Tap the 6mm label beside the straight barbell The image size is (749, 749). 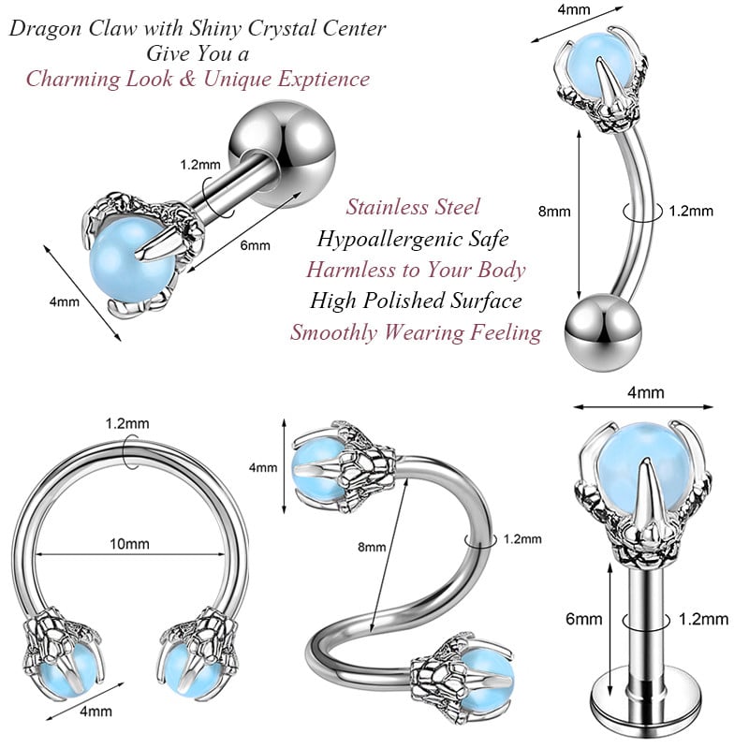(x=255, y=246)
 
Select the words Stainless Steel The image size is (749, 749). (x=413, y=207)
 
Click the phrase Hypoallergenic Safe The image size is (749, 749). (x=413, y=239)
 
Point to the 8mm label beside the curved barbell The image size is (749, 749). (x=554, y=212)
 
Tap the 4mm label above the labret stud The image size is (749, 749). (x=644, y=393)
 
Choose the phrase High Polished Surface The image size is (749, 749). (x=417, y=301)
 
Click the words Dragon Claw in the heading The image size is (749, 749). (x=66, y=29)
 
